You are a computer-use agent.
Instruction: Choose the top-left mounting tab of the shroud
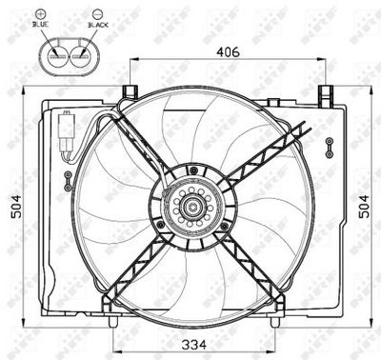(126, 92)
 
